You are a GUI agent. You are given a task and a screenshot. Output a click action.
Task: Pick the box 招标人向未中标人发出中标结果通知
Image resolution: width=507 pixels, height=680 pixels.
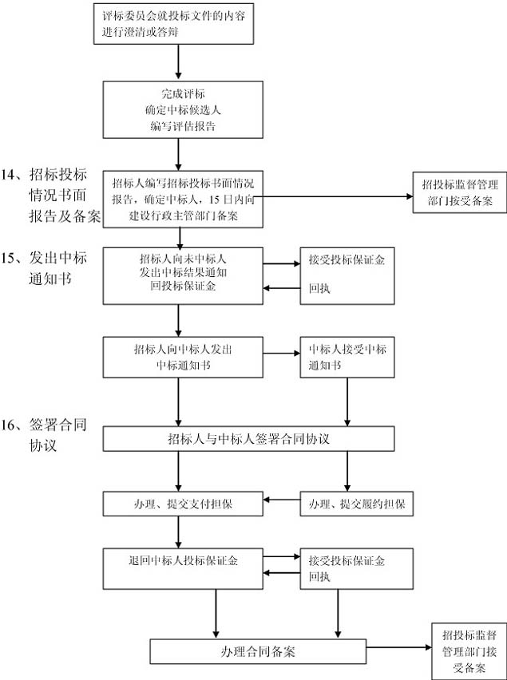(183, 275)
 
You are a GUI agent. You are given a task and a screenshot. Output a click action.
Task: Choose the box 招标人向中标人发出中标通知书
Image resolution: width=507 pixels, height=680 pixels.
(183, 357)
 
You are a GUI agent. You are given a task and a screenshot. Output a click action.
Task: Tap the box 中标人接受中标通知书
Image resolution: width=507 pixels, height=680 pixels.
(346, 357)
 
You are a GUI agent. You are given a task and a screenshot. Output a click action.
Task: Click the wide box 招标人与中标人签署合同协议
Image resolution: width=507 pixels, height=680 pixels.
(249, 438)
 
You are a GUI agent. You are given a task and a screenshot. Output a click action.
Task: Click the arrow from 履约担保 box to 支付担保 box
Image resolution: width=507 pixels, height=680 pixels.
(281, 500)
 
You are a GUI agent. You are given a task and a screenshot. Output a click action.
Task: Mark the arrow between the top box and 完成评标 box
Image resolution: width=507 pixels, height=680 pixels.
(179, 61)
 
